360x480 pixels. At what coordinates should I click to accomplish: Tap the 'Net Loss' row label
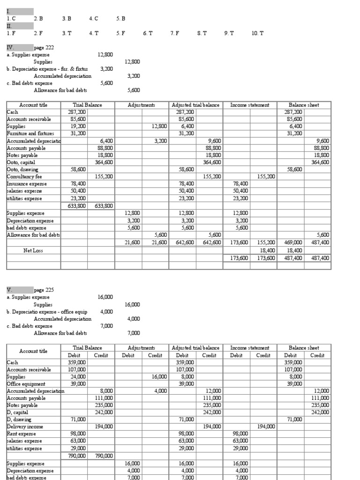point(33,251)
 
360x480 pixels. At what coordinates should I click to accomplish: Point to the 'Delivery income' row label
point(25,427)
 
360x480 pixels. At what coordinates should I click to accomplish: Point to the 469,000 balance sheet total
point(294,243)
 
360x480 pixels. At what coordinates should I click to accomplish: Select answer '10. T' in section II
point(258,33)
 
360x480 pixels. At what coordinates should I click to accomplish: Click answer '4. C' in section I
point(93,19)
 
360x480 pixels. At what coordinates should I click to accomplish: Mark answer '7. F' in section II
point(175,33)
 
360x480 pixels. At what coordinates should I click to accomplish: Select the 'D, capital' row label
point(18,412)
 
